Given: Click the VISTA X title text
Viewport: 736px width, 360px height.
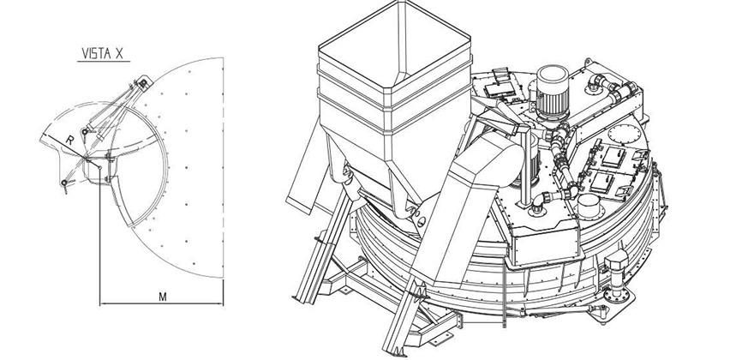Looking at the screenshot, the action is (x=103, y=53).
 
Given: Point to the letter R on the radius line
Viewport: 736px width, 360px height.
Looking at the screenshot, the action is (x=69, y=140).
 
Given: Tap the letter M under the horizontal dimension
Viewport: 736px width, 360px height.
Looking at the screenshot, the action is (x=163, y=297).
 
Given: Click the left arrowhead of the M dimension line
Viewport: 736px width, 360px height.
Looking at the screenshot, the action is (x=103, y=303).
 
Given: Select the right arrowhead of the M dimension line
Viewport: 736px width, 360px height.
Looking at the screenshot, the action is (x=220, y=303).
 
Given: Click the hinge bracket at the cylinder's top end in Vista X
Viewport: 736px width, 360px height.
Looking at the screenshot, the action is (x=143, y=83).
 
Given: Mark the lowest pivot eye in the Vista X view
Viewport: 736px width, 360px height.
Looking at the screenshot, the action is (x=64, y=183).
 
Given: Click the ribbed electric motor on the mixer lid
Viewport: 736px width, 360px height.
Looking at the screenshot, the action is (x=553, y=92).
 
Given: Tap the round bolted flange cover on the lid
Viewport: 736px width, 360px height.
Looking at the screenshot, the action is (x=625, y=135).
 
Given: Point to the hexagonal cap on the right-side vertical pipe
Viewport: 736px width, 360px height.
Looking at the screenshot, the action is (x=617, y=260).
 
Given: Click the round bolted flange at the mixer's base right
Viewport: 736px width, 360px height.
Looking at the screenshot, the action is (x=615, y=295).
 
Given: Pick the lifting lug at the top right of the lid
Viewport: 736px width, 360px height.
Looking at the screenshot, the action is (x=588, y=63).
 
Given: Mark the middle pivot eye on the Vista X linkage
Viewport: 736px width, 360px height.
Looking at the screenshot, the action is (x=85, y=131).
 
